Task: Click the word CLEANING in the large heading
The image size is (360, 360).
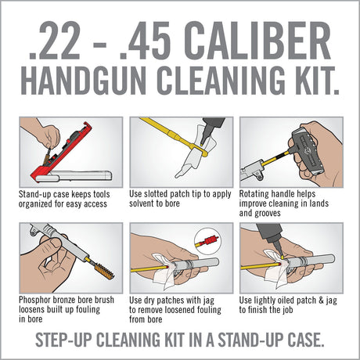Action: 217,84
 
